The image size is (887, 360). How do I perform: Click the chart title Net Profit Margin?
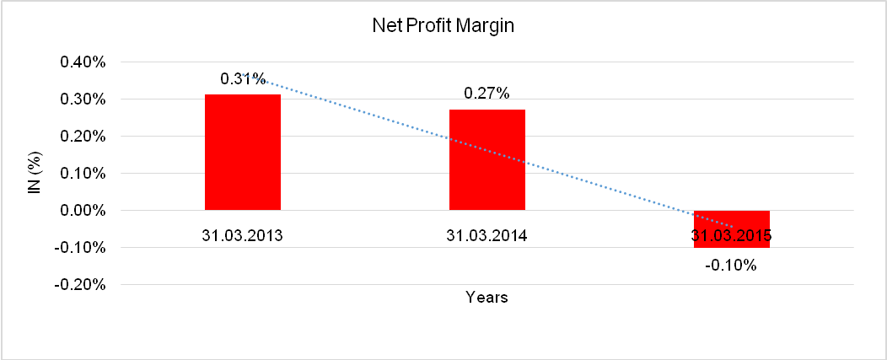[443, 26]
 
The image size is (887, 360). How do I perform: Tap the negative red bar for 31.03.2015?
[732, 240]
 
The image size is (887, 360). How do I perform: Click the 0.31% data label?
[242, 78]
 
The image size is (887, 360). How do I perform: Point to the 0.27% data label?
[487, 94]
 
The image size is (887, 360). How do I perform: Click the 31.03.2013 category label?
[243, 235]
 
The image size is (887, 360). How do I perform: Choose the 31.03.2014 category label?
[487, 235]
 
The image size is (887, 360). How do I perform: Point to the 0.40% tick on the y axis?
[81, 62]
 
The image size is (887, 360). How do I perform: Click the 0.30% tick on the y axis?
[81, 99]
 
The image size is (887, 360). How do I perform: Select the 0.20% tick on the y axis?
[81, 137]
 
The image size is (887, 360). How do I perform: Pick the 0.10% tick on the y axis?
[81, 174]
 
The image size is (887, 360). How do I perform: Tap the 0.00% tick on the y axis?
[81, 211]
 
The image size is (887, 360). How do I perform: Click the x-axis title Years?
[487, 297]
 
